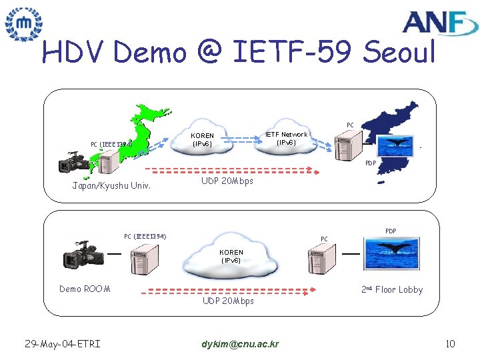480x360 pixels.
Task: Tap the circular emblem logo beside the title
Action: [23, 25]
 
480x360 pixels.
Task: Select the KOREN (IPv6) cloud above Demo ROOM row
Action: [231, 257]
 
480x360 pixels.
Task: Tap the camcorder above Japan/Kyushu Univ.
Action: [75, 164]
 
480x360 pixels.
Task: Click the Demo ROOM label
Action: [85, 289]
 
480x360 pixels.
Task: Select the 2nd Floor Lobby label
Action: [392, 289]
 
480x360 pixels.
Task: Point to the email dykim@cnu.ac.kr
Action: [240, 344]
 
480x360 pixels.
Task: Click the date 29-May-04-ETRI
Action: [62, 344]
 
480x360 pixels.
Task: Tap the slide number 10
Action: [450, 344]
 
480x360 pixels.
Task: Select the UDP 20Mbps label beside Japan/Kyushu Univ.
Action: [227, 181]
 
